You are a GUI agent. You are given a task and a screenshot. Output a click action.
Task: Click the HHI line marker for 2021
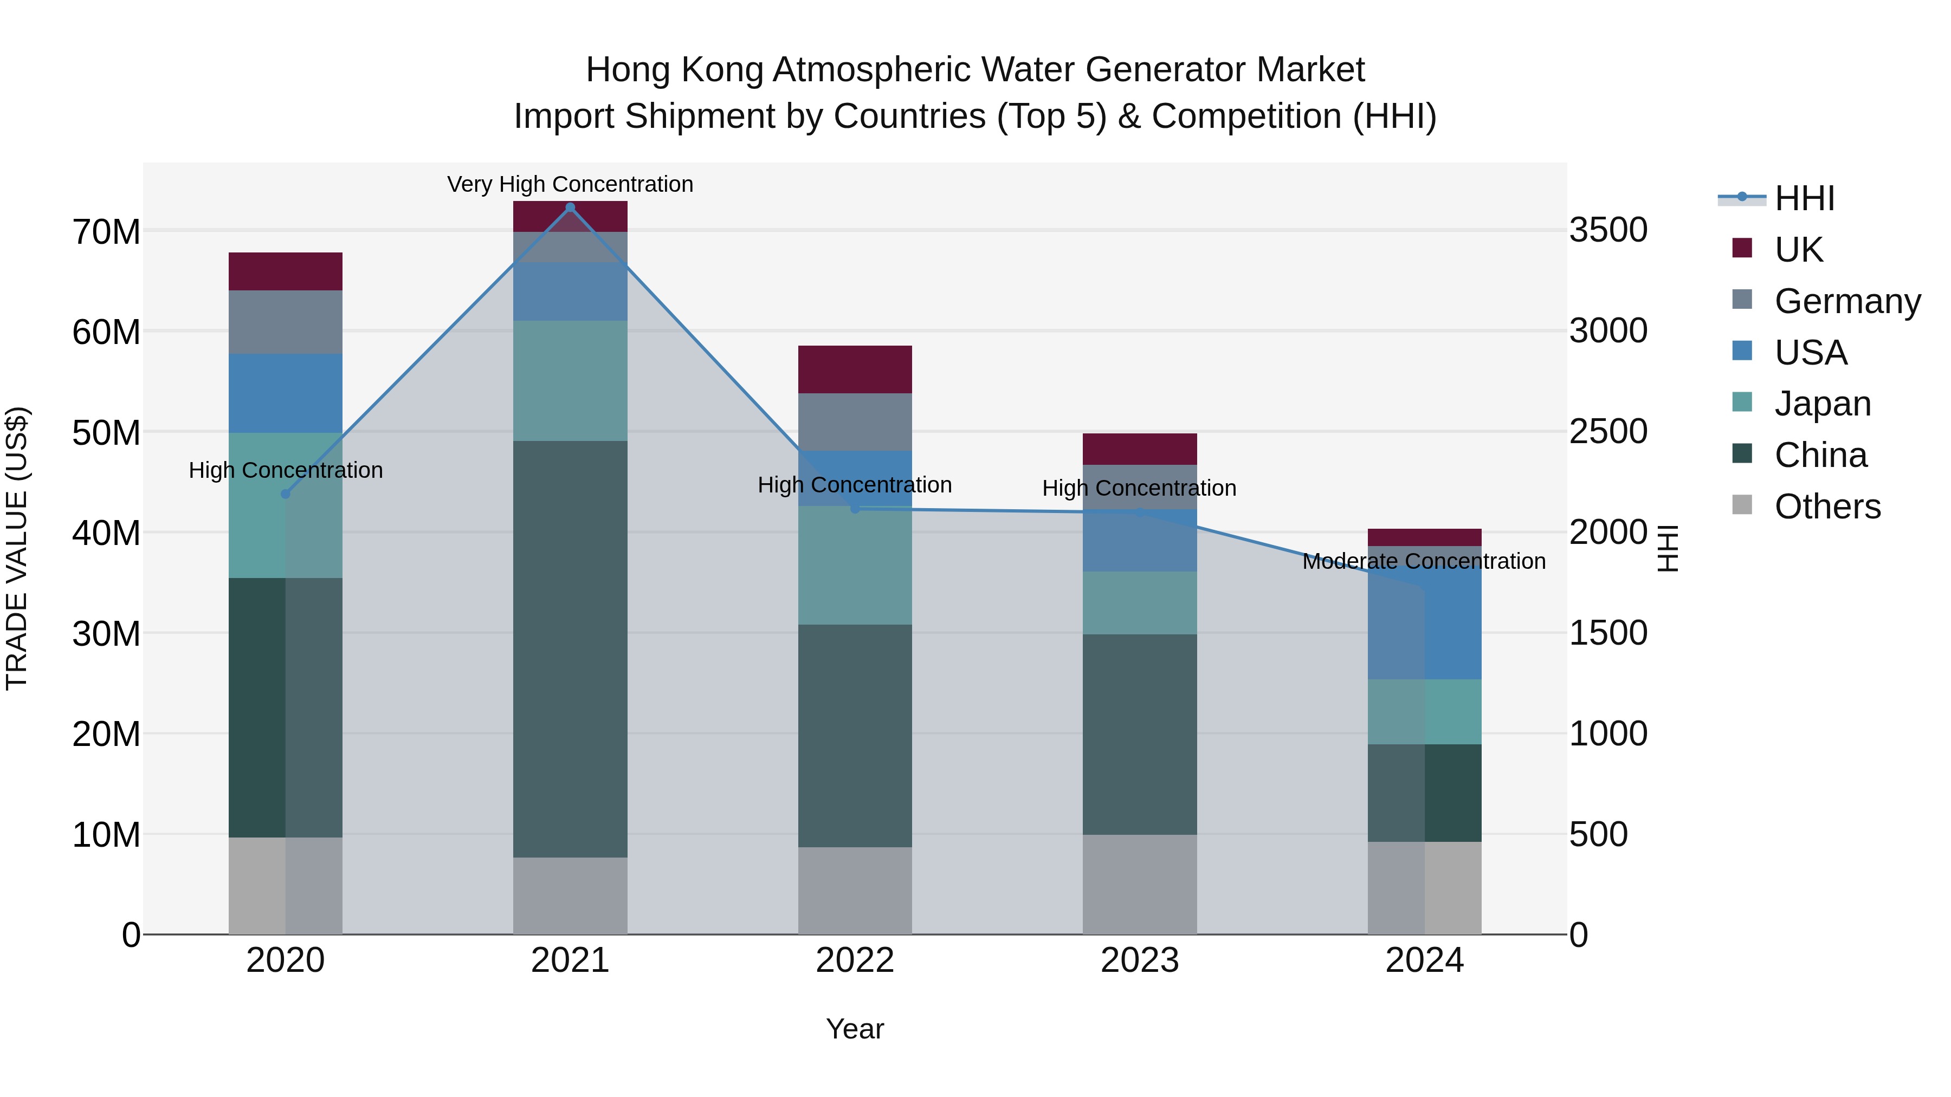[x=570, y=207]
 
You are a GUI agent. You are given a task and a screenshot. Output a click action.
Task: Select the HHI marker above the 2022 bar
[x=855, y=509]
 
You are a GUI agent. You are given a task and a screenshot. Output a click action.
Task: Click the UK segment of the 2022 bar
[x=855, y=369]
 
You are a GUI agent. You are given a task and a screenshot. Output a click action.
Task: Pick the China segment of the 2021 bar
[x=570, y=649]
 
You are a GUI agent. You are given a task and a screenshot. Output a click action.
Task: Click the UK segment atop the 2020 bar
[x=286, y=271]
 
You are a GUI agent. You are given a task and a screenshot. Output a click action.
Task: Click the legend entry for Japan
[x=1822, y=404]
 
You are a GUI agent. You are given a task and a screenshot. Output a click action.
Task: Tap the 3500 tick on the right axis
[x=1608, y=230]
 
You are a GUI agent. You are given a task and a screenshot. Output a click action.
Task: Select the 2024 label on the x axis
[x=1424, y=960]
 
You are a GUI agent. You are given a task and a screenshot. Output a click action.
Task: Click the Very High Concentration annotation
[x=570, y=184]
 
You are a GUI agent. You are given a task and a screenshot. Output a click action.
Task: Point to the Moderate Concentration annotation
[x=1424, y=561]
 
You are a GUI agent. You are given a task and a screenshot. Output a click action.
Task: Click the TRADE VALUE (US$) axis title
[x=17, y=548]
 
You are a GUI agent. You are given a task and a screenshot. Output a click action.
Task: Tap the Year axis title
[x=855, y=1029]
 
